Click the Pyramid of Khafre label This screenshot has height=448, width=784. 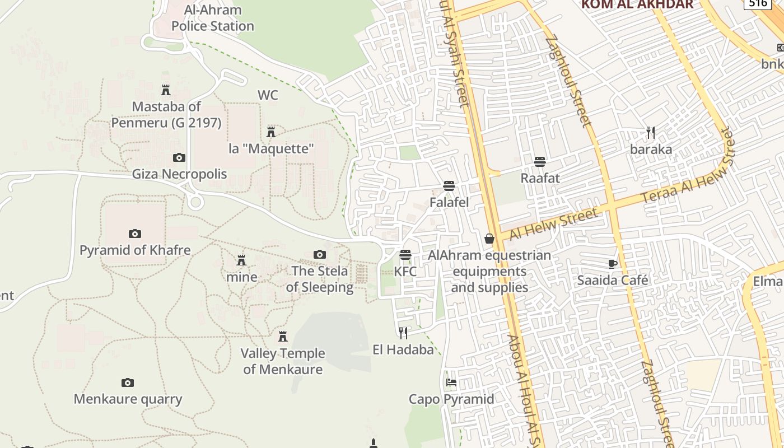pyautogui.click(x=135, y=250)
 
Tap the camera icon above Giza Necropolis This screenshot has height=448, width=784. pyautogui.click(x=179, y=158)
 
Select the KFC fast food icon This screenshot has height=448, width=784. pyautogui.click(x=405, y=255)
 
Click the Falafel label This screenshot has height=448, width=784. pyautogui.click(x=449, y=202)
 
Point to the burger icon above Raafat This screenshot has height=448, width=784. pyautogui.click(x=540, y=162)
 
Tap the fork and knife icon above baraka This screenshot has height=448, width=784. pyautogui.click(x=651, y=133)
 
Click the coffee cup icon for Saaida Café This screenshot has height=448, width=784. pyautogui.click(x=612, y=264)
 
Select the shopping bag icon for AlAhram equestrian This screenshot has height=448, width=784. pyautogui.click(x=489, y=239)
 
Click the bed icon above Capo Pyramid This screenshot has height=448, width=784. pyautogui.click(x=451, y=383)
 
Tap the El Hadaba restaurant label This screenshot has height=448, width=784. pyautogui.click(x=403, y=350)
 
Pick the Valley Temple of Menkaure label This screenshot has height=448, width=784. pyautogui.click(x=283, y=361)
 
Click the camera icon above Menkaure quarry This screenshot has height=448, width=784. pyautogui.click(x=128, y=383)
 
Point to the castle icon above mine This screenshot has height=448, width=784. pyautogui.click(x=241, y=260)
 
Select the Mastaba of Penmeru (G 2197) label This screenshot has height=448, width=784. pyautogui.click(x=166, y=114)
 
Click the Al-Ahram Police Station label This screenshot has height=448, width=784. pyautogui.click(x=213, y=18)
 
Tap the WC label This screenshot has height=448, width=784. pyautogui.click(x=268, y=95)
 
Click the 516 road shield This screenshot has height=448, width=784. pyautogui.click(x=757, y=3)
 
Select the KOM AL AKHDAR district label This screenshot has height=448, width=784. pyautogui.click(x=637, y=4)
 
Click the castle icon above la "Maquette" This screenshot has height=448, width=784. pyautogui.click(x=271, y=132)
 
